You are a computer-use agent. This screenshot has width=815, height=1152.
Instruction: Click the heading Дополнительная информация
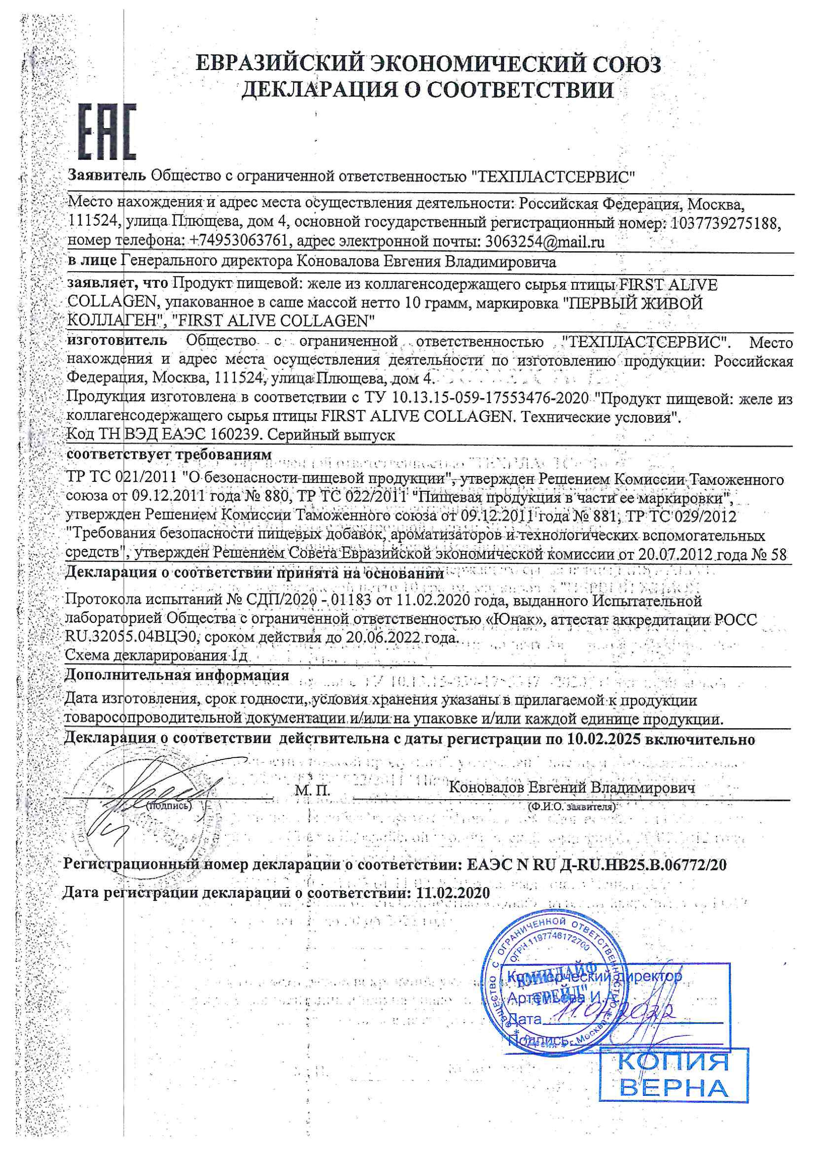click(x=177, y=675)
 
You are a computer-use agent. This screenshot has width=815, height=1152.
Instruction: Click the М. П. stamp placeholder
click(x=312, y=791)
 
